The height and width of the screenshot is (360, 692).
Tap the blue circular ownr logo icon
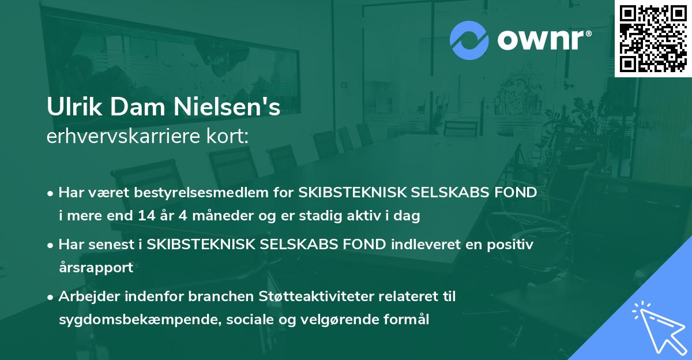pyautogui.click(x=469, y=40)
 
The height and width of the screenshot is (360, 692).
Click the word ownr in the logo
pyautogui.click(x=543, y=40)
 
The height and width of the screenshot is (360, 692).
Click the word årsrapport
pyautogui.click(x=96, y=268)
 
